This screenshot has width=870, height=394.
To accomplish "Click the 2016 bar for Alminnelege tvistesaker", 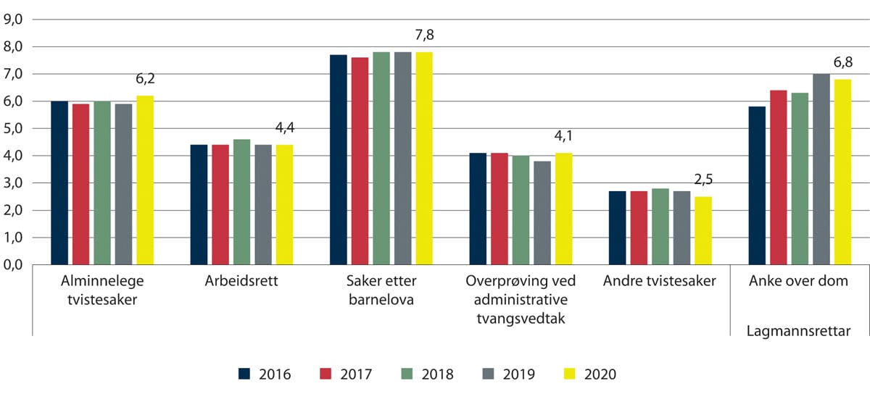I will [x=59, y=183].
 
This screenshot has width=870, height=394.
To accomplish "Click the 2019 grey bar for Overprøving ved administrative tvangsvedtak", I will [x=542, y=213].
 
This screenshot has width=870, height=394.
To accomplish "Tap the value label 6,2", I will [x=145, y=82].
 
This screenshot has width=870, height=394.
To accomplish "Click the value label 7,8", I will [x=423, y=35].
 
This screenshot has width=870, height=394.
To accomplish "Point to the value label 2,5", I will [x=703, y=180].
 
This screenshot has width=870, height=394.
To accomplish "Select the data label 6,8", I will [x=842, y=63].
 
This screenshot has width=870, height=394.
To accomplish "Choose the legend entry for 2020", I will [x=589, y=374].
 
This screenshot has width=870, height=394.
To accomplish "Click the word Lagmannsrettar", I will [x=797, y=332].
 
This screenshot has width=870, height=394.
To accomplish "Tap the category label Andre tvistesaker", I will [x=659, y=282].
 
